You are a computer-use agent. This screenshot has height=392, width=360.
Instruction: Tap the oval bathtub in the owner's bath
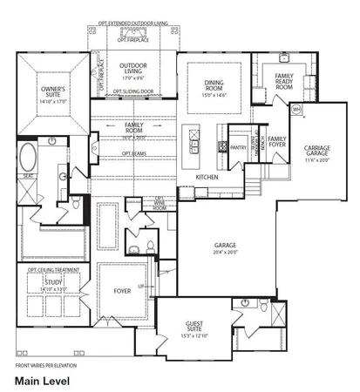[x=28, y=159]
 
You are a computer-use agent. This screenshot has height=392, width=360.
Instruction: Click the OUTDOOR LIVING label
[x=133, y=69]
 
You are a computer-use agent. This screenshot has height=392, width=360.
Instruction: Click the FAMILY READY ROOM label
[x=284, y=82]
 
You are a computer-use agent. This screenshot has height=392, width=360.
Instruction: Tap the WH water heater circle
[x=296, y=109]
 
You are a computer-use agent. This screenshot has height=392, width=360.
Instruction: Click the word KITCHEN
[x=206, y=177]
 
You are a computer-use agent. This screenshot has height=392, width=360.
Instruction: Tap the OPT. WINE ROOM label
[x=160, y=203]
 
